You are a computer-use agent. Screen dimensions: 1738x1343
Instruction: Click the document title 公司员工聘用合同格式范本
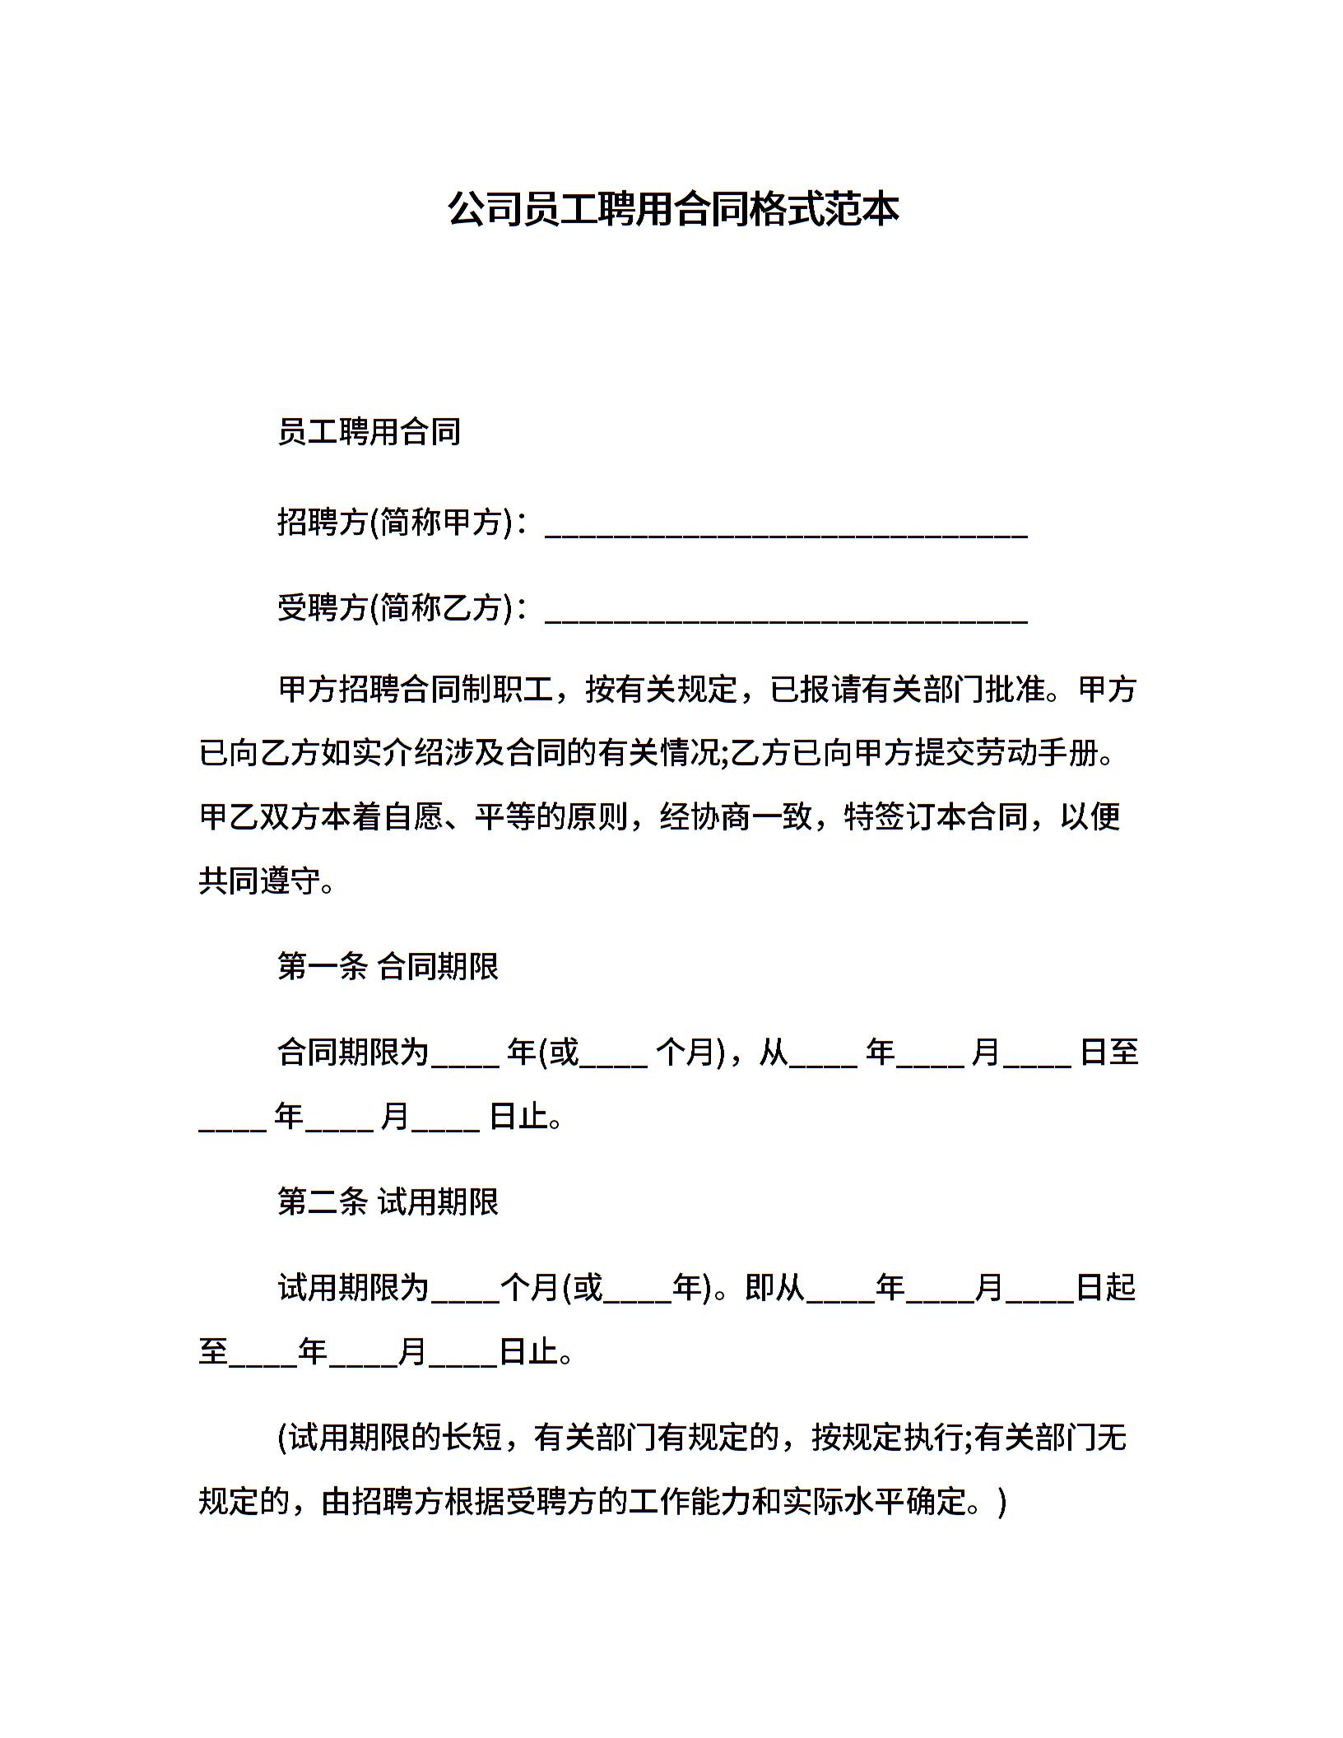[672, 210]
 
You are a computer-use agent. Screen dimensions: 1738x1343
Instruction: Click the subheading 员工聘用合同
[369, 432]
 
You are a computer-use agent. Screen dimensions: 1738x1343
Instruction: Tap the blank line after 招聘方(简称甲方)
[786, 527]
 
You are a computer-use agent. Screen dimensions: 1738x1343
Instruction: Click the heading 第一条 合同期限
[388, 967]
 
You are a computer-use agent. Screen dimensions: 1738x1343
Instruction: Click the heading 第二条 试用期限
[388, 1203]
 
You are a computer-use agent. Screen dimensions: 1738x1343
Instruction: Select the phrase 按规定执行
[887, 1438]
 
